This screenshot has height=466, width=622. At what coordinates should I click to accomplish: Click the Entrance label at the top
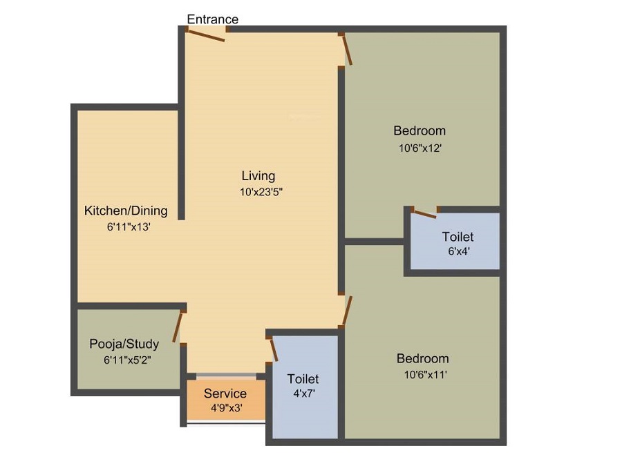[213, 19]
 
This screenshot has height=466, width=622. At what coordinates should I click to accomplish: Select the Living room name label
[258, 175]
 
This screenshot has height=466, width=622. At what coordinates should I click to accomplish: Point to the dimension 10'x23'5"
[262, 193]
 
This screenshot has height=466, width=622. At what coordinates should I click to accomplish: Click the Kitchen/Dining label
[126, 211]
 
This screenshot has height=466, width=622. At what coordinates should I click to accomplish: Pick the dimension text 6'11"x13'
[129, 226]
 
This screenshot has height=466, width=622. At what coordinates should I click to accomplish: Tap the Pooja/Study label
[124, 344]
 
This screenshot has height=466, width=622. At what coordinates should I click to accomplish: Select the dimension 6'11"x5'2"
[127, 359]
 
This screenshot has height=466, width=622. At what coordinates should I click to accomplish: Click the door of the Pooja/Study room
[179, 326]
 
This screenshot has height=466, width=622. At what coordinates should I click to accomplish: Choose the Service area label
[225, 394]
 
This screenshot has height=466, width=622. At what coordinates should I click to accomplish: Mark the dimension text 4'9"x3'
[226, 408]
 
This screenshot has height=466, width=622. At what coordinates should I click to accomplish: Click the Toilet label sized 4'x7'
[303, 379]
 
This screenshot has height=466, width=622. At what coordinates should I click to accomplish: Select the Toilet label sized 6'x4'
[458, 237]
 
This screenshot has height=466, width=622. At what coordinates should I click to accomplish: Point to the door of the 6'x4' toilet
[424, 213]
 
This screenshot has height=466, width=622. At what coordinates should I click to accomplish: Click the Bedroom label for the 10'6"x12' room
[420, 130]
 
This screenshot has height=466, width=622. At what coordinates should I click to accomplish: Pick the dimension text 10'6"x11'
[422, 375]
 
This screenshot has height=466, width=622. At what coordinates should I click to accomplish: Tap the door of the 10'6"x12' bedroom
[348, 50]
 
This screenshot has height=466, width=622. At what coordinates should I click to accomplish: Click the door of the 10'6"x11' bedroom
[347, 311]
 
